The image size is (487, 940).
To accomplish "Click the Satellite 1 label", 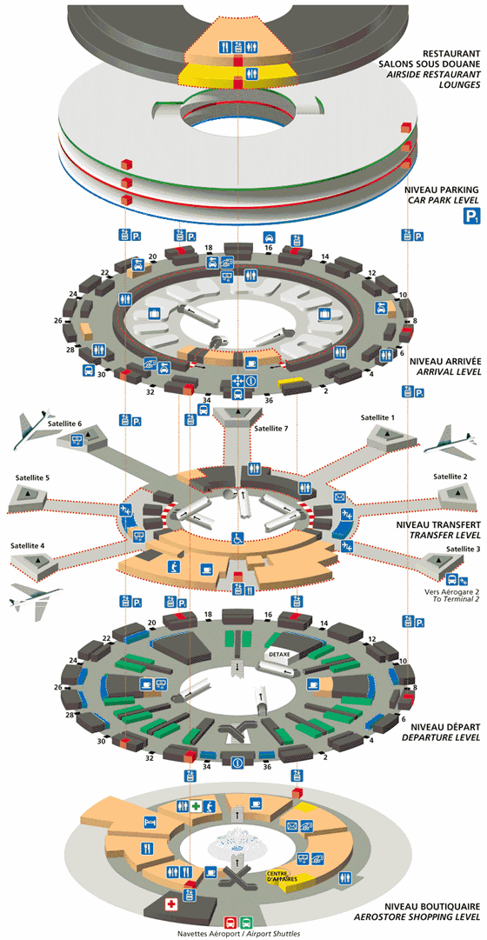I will pyautogui.click(x=378, y=418).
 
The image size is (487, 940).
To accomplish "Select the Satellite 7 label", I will pyautogui.click(x=270, y=428).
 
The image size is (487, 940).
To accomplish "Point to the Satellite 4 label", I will pyautogui.click(x=29, y=545).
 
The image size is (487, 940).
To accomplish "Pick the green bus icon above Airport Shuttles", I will pyautogui.click(x=247, y=921).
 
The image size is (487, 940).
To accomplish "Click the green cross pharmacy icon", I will pyautogui.click(x=197, y=807).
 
